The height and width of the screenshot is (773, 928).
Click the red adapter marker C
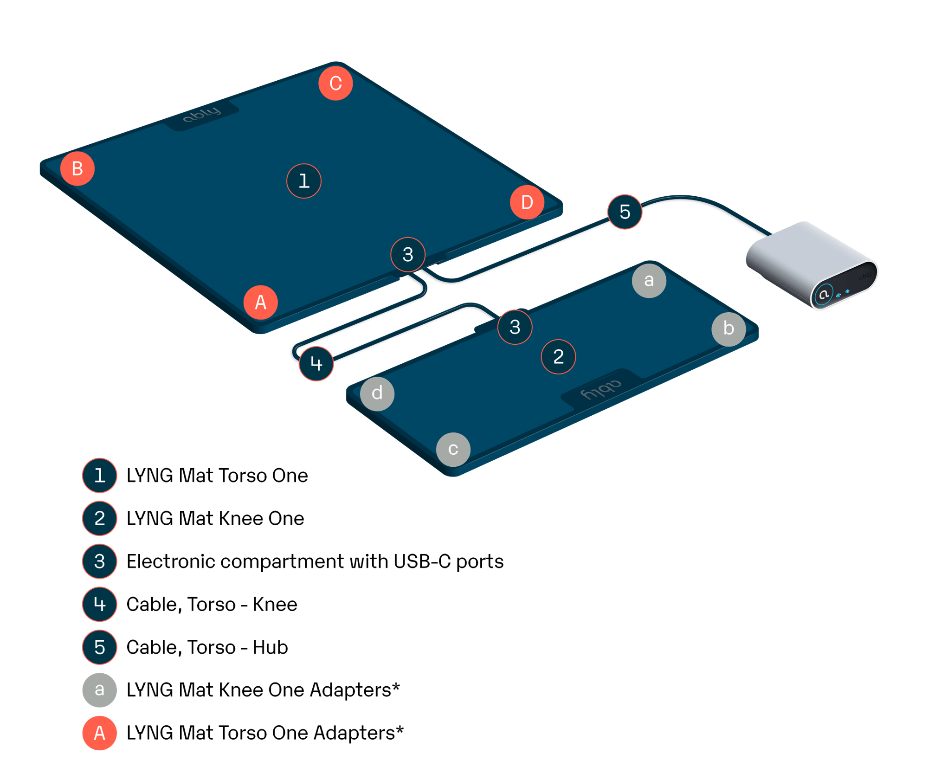(x=335, y=84)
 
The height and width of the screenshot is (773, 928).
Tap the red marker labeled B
(x=77, y=168)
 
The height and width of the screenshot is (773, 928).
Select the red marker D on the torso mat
(x=527, y=202)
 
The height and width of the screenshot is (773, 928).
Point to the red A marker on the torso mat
(x=261, y=303)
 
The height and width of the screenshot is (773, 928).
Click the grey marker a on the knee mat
(x=649, y=280)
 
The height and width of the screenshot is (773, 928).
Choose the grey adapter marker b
(x=728, y=329)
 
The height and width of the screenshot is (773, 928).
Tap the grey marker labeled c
(x=453, y=449)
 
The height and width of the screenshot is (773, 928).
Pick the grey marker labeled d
(x=377, y=393)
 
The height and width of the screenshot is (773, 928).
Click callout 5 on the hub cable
(x=625, y=212)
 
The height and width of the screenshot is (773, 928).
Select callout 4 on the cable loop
(x=316, y=364)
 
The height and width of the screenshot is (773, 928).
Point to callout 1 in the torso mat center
(x=304, y=181)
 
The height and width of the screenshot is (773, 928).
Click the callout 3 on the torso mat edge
(x=408, y=254)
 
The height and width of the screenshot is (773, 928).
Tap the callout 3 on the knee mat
(x=515, y=327)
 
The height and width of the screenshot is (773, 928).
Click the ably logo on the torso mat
(x=202, y=114)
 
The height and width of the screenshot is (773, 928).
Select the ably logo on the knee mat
(x=601, y=390)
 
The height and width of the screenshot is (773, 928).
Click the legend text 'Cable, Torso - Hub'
(x=207, y=647)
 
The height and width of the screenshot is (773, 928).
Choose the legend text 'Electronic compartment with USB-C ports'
(x=315, y=561)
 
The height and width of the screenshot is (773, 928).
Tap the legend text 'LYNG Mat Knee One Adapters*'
(x=263, y=690)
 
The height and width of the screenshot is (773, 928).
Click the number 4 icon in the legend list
(x=99, y=604)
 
